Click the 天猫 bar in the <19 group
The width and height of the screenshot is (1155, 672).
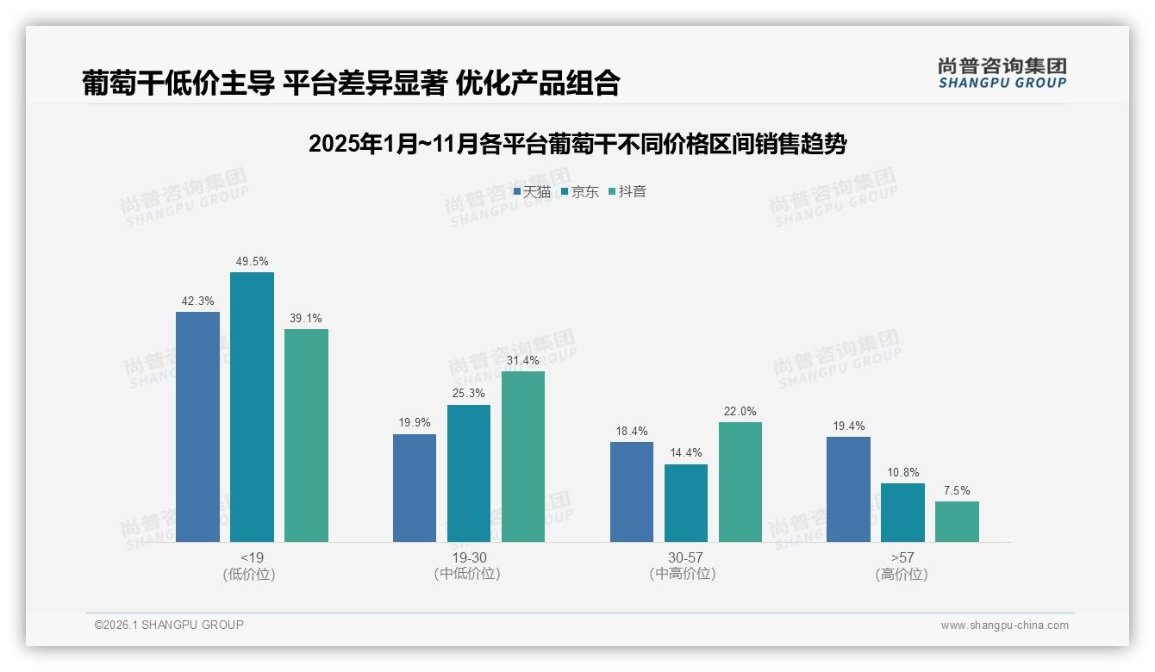197,426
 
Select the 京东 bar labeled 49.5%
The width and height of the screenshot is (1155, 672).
252,407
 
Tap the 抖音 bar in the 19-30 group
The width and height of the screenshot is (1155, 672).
523,457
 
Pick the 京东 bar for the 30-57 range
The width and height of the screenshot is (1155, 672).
686,503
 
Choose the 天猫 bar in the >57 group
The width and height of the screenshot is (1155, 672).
848,489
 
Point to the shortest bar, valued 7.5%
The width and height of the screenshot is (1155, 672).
957,521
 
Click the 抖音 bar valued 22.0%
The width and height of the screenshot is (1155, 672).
740,482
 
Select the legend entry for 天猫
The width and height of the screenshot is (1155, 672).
532,192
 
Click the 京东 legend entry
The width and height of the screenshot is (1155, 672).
580,192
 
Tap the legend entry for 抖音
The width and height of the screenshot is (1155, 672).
627,192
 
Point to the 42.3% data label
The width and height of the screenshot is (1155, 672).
197,301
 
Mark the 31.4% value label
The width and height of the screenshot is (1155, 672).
523,360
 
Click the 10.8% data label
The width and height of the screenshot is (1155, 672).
903,472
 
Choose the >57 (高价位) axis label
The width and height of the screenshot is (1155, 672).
902,565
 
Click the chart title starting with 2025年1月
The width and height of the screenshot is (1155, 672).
577,144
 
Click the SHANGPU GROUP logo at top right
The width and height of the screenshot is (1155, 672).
1002,73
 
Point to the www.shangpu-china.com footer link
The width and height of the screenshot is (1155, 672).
1004,625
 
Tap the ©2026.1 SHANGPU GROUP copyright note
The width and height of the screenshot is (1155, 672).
169,625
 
